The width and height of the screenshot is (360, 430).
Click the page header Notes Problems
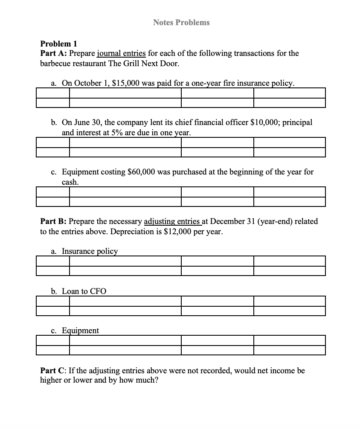click(181, 22)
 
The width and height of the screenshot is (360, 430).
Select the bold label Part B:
click(53, 221)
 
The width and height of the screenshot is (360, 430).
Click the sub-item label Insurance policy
click(90, 251)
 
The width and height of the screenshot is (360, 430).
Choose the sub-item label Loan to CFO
click(84, 291)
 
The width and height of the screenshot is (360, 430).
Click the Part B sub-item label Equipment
click(80, 331)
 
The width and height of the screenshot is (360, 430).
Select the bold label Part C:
click(53, 370)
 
